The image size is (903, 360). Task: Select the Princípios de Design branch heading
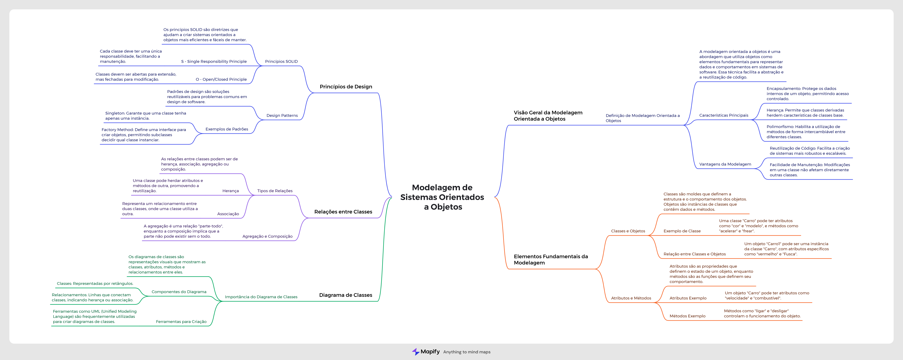346,87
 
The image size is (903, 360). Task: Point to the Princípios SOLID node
281,61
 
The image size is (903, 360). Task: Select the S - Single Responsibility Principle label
214,61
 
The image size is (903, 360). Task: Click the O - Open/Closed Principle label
221,79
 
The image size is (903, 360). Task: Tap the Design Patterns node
282,115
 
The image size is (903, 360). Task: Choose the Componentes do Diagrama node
179,292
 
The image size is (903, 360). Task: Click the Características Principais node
723,115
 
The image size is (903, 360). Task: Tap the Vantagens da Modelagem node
725,164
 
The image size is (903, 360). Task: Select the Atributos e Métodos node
631,298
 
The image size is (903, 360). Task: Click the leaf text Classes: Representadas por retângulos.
95,284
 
